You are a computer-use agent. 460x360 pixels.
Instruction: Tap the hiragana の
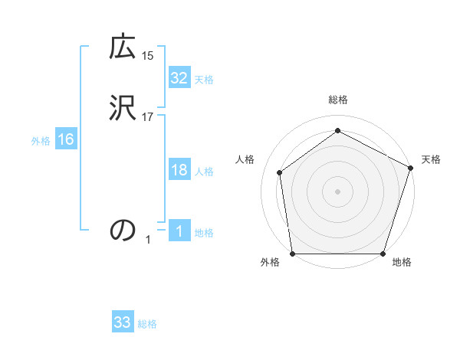[123, 229]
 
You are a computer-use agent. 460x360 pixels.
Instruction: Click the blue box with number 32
[179, 78]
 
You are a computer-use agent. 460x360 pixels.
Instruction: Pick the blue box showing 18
[179, 170]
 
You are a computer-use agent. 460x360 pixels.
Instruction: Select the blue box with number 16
[65, 139]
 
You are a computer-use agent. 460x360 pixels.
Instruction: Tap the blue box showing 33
[123, 322]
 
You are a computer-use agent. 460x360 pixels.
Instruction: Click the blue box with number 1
[179, 231]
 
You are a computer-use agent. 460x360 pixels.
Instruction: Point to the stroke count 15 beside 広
[148, 55]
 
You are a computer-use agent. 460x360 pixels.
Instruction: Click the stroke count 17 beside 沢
[148, 117]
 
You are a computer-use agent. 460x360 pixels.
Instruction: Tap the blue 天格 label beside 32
[204, 80]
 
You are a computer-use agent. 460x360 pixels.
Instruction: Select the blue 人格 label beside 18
[204, 172]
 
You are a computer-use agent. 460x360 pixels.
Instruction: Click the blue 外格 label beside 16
[41, 141]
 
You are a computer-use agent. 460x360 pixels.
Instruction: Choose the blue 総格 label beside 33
[147, 324]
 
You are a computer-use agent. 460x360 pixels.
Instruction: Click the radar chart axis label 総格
[338, 100]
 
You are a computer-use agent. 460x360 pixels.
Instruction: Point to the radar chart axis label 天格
[431, 159]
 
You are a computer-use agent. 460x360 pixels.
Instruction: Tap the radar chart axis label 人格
[245, 159]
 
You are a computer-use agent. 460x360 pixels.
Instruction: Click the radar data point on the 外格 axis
[292, 254]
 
